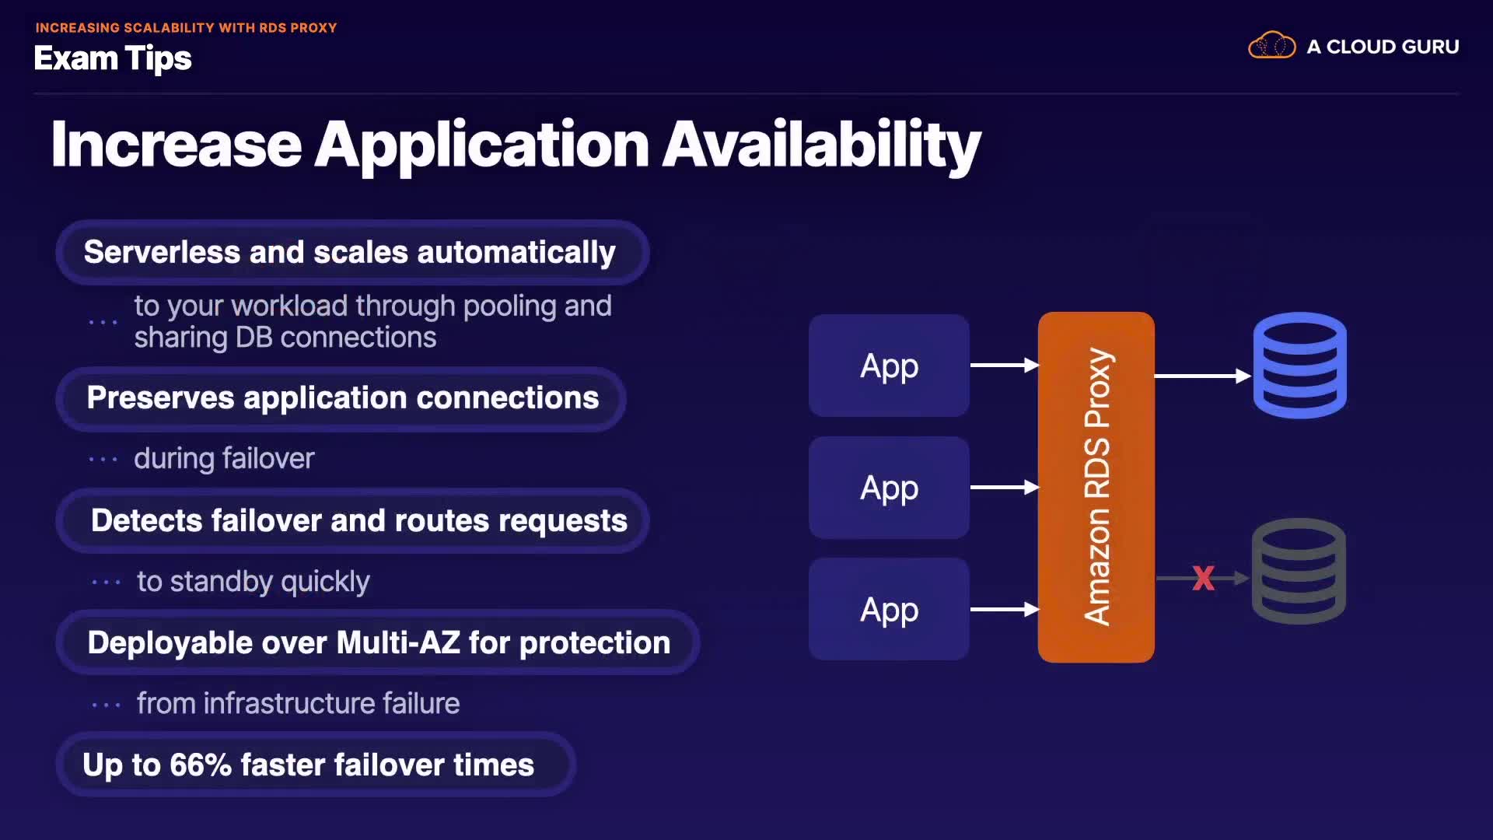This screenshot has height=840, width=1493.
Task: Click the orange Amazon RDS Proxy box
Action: [1096, 487]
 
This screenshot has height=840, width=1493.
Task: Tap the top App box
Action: [889, 366]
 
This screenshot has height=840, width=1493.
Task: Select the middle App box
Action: [889, 488]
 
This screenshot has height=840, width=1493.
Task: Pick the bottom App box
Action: [889, 610]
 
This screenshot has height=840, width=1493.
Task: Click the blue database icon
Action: [1299, 365]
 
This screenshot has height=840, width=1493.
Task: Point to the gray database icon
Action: [1299, 571]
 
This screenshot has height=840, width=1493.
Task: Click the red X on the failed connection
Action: [1203, 578]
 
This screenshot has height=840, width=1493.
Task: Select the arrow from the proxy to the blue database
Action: [1202, 376]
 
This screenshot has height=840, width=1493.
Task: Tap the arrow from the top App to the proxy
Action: [1004, 365]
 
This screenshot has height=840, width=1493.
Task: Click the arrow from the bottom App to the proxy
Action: [1004, 610]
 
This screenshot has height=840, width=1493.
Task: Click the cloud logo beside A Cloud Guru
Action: [1271, 46]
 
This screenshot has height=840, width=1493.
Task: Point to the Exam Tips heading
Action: [113, 58]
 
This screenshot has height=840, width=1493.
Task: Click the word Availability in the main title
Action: [821, 145]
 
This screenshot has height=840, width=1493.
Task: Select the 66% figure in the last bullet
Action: [201, 765]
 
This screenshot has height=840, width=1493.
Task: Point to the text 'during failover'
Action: [224, 459]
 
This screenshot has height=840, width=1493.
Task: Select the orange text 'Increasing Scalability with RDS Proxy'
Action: [186, 28]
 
